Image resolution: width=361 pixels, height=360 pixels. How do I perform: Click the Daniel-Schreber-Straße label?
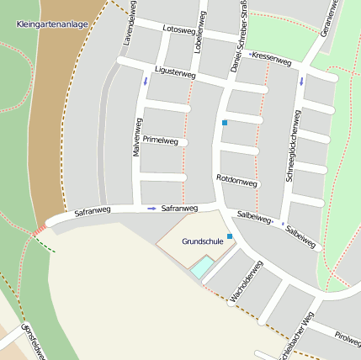pos(237,38)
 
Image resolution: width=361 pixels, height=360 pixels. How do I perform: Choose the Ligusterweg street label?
pos(175,74)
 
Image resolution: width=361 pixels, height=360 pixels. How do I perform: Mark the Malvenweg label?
pos(135,136)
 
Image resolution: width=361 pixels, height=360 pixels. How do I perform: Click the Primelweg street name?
pos(161,140)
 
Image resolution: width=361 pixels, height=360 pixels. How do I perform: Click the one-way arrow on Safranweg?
pos(151,208)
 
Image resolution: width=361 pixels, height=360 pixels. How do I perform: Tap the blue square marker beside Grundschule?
pos(230,237)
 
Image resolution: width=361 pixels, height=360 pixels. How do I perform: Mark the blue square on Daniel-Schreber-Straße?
pos(224,124)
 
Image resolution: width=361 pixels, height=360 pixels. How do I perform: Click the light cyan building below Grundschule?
pos(202,268)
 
